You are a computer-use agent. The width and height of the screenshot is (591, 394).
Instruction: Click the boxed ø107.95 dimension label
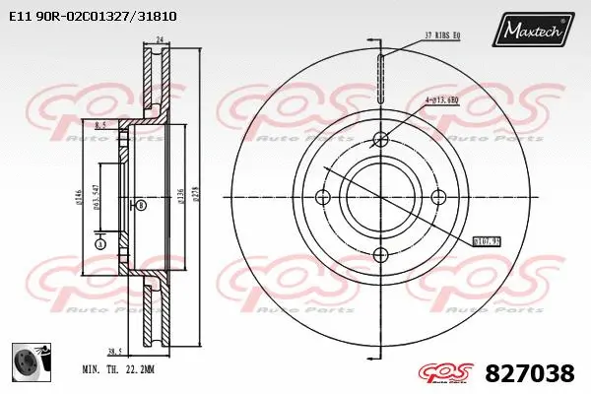coord(488,239)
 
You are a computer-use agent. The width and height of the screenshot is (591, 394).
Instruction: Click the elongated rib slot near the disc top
coord(381,72)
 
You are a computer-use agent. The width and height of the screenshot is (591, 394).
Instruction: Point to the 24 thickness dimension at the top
coord(159,40)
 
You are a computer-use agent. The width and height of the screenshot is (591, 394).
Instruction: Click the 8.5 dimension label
coord(101,127)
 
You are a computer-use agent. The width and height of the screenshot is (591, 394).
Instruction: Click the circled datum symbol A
coord(99,243)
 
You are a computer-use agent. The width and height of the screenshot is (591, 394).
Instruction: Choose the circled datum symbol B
coord(142,205)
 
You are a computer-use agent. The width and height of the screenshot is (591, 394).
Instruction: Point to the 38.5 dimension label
coord(114,351)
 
